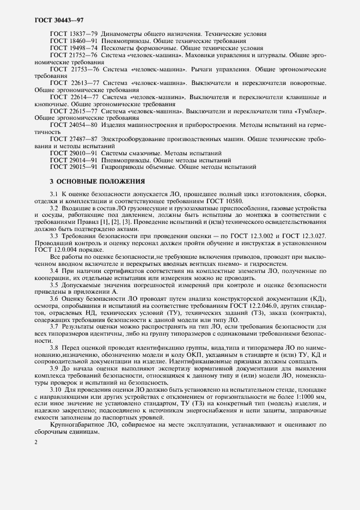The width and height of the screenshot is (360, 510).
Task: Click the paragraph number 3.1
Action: click(54, 194)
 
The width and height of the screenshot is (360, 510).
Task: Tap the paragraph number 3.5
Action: click(54, 285)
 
